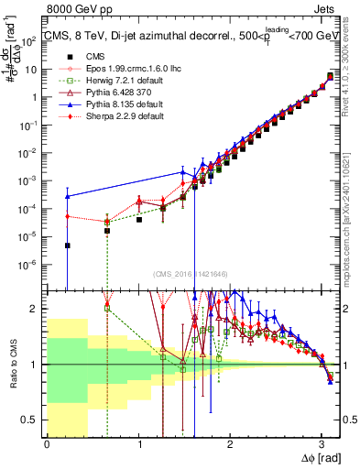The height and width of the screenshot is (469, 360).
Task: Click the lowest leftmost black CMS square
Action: coord(68,245)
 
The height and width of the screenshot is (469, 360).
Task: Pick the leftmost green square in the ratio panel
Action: coord(107,308)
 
